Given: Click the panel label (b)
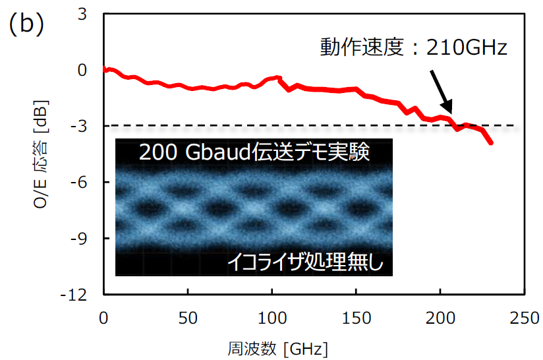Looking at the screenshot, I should [26, 24].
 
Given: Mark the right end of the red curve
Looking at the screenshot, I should [492, 142].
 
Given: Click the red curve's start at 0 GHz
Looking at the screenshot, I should [104, 69].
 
